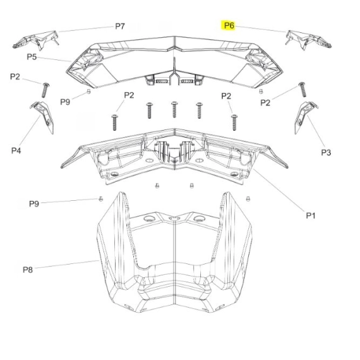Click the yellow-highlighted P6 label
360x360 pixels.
coord(229,25)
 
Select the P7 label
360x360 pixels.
coord(120,26)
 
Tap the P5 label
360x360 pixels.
coord(32,57)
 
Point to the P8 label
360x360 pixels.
coord(28,270)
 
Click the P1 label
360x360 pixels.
coord(311,215)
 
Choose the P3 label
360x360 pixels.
coord(326,152)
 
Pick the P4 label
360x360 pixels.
coord(16,150)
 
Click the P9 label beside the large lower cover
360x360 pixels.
coord(34,203)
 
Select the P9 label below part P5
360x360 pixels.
coord(65,102)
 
